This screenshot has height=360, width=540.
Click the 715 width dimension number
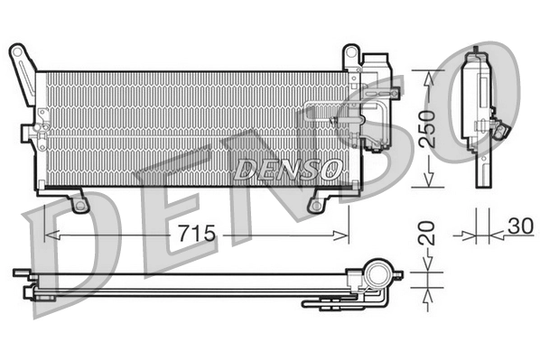196,234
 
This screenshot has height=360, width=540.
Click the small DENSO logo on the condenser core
287,169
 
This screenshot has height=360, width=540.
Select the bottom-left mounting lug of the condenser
79,204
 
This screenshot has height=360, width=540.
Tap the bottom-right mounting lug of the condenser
317,204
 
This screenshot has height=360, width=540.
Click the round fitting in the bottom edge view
377,272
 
